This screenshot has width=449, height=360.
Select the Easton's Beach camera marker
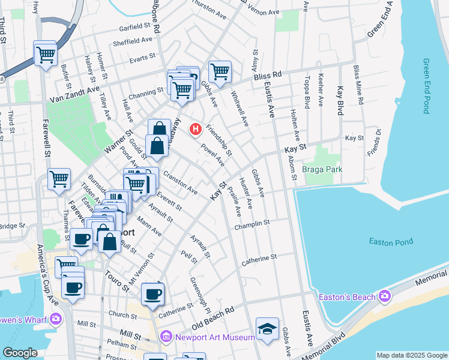(x=385, y=296)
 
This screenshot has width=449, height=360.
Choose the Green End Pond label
(x=427, y=86)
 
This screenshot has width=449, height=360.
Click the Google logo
(x=20, y=353)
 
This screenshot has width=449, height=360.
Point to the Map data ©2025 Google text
(x=411, y=355)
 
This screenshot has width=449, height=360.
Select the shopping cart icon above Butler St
(x=45, y=55)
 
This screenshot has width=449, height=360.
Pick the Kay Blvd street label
(x=340, y=100)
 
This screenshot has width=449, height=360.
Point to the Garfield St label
(x=134, y=27)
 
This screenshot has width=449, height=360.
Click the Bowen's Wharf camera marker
(x=56, y=318)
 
